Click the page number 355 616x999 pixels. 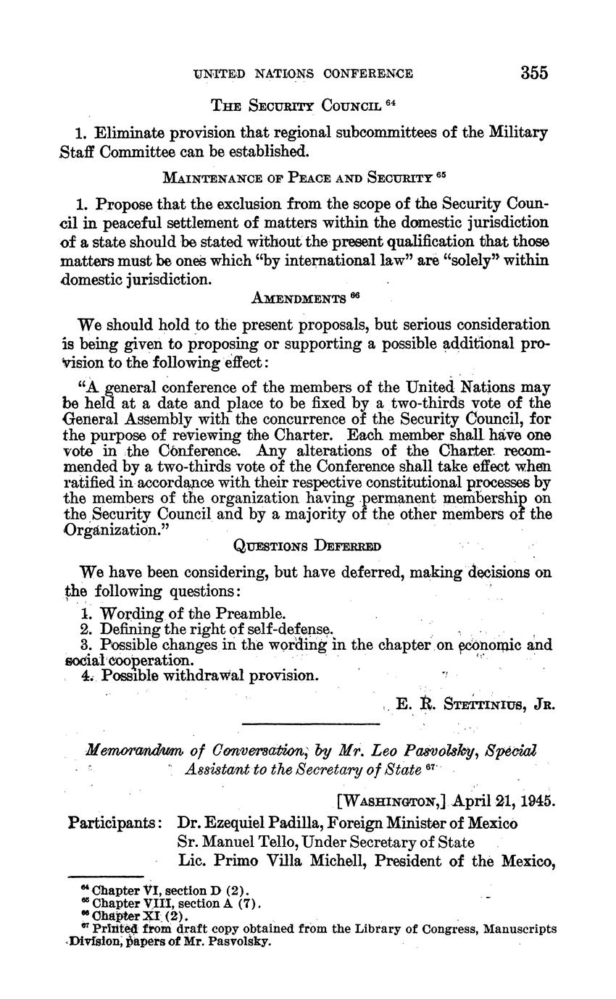tap(533, 72)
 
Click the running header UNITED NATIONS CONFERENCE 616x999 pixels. tap(303, 73)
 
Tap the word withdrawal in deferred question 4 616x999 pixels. tap(210, 675)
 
